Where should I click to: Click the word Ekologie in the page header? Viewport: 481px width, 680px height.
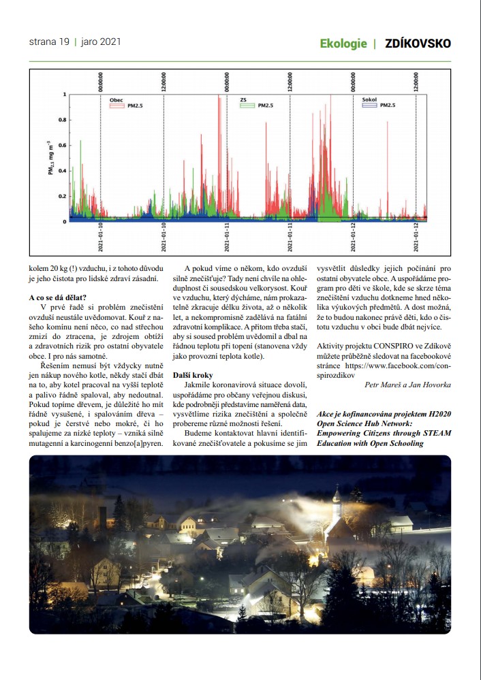[x=343, y=44]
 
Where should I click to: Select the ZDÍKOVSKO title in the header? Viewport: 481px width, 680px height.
[x=418, y=44]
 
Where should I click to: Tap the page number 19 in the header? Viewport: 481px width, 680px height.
[x=64, y=42]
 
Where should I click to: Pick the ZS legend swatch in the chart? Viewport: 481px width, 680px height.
[x=247, y=106]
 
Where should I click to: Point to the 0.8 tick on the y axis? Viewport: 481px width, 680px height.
[x=63, y=120]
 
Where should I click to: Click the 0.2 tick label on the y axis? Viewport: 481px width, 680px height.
[x=63, y=196]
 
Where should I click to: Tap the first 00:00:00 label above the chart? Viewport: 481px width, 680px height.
[x=101, y=80]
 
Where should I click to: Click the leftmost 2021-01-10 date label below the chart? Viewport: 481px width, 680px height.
[x=101, y=236]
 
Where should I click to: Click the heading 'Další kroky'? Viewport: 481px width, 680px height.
[x=193, y=375]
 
